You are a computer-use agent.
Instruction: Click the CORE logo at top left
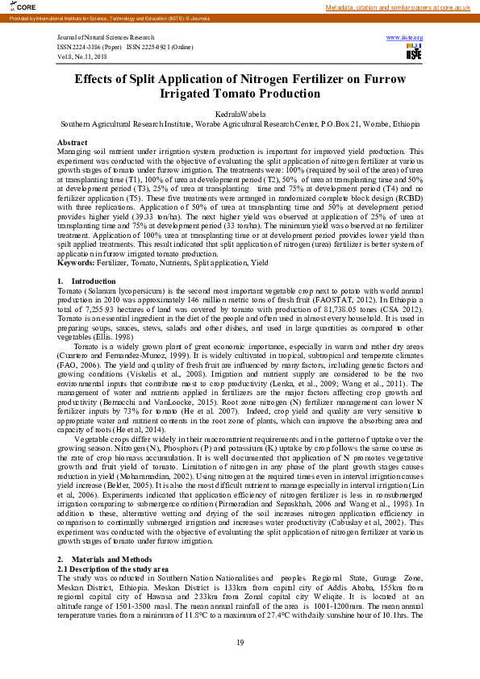pos(14,6)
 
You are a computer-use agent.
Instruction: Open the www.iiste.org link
pos(405,38)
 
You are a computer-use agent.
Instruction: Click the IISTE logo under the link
pos(414,52)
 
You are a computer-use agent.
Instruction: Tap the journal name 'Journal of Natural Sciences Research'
pos(106,38)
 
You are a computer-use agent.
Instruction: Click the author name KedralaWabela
pos(240,115)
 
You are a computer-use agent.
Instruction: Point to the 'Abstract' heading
pos(73,143)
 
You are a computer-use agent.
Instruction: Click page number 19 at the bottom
pos(240,642)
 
